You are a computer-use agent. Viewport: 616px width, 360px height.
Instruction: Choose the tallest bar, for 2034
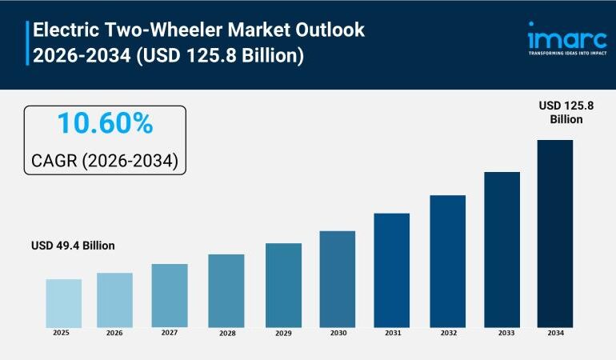pos(554,233)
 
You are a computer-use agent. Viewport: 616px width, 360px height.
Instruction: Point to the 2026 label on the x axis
pos(114,333)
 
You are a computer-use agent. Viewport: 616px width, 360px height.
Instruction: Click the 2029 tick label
pos(283,333)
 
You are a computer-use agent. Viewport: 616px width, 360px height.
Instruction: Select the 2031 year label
pos(391,333)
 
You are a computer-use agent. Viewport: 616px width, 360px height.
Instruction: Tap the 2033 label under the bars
pos(502,333)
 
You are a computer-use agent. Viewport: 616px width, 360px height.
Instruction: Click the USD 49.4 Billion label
pos(73,246)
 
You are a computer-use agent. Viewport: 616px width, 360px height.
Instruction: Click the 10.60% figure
pos(105,124)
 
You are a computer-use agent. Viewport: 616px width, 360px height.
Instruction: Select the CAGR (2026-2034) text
pos(105,161)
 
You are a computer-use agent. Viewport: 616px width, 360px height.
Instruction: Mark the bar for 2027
pos(170,295)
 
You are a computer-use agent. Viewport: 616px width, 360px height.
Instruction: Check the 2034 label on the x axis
pos(555,333)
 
